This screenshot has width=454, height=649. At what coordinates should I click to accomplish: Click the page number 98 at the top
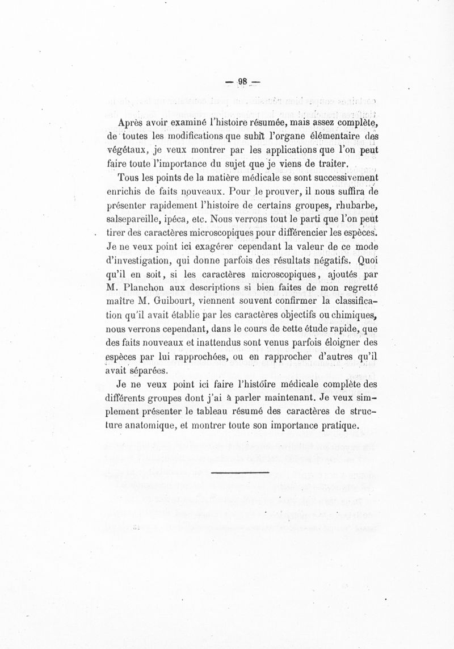pos(243,81)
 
